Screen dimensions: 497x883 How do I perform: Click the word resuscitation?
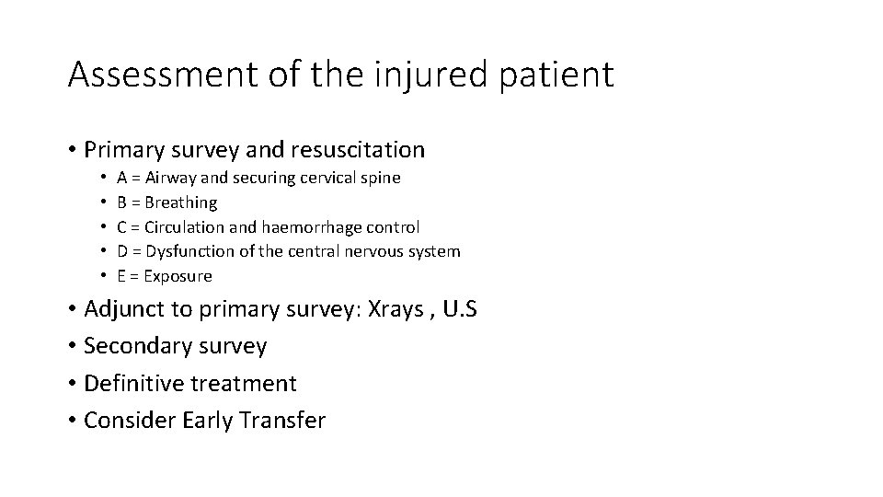coord(357,150)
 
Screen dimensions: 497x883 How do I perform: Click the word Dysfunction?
coord(193,251)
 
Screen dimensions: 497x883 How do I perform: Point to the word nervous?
coord(374,251)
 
